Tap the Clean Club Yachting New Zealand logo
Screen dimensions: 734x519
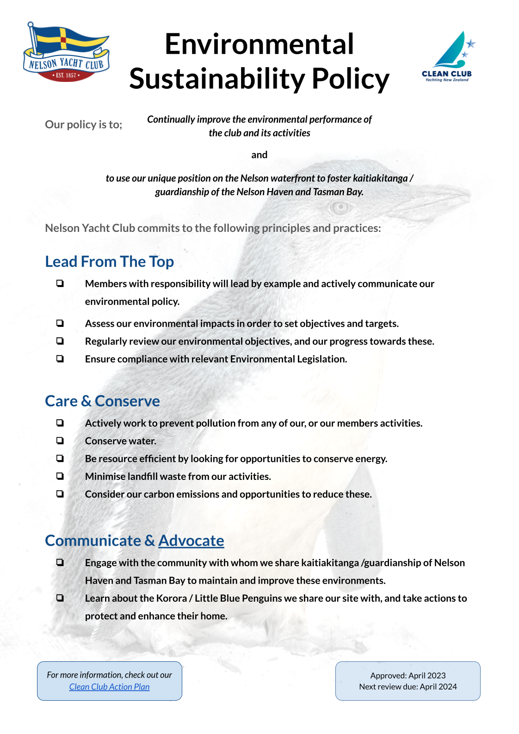tap(447, 57)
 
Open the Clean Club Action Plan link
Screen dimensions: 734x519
tap(109, 687)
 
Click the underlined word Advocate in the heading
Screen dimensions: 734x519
tap(191, 541)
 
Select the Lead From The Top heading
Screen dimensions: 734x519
tap(109, 261)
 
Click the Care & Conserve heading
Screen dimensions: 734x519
tap(102, 401)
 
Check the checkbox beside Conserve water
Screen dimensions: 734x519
tap(60, 441)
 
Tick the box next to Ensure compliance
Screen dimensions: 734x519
tap(60, 359)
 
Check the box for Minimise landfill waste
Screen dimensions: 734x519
tap(60, 476)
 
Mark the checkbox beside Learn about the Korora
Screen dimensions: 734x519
tap(60, 597)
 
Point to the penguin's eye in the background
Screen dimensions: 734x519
tap(340, 208)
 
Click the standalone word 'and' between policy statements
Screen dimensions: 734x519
tap(259, 155)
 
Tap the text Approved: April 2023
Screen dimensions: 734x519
tap(408, 675)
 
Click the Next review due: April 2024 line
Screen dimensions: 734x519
tap(408, 687)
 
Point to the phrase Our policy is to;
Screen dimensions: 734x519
tap(83, 124)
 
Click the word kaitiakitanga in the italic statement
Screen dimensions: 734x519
tap(380, 178)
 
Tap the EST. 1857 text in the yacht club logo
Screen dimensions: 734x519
tap(66, 75)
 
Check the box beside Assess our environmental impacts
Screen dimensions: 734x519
tap(60, 323)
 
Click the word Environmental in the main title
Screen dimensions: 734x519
tap(259, 44)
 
